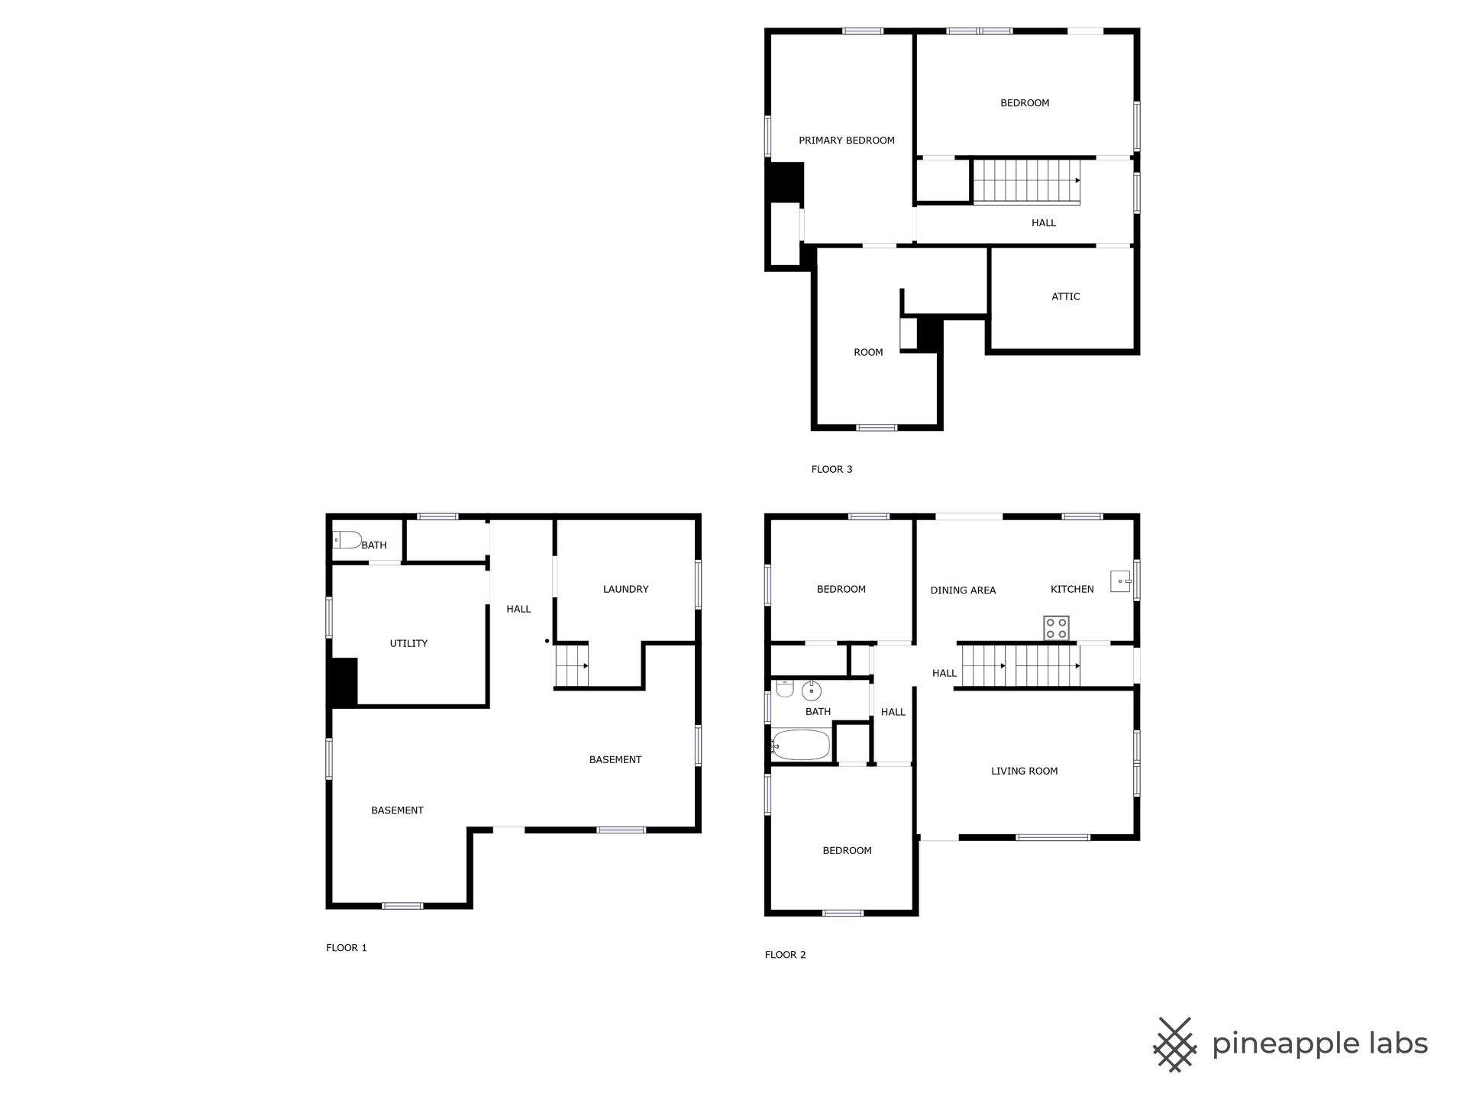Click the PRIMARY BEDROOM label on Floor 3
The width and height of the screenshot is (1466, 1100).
[x=846, y=141]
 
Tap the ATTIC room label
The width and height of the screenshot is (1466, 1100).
[x=1065, y=296]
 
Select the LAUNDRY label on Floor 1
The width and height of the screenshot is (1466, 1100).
[x=625, y=589]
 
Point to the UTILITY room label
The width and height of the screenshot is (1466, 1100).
[x=408, y=643]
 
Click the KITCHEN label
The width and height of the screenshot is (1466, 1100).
[x=1072, y=589]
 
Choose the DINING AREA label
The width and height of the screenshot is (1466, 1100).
[x=963, y=590]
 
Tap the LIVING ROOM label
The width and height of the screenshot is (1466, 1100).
[x=1024, y=771]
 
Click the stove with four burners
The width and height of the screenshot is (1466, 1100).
[x=1057, y=629]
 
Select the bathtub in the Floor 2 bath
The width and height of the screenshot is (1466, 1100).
[x=800, y=745]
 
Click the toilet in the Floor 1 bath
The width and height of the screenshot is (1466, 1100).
[x=347, y=540]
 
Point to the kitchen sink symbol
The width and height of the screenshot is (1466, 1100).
[x=1121, y=582]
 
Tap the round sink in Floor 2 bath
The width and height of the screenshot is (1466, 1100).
[x=811, y=691]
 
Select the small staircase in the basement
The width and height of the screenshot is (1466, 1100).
[x=572, y=666]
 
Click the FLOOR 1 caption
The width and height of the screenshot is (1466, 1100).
[x=347, y=948]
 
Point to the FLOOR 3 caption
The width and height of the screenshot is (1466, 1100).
[x=831, y=469]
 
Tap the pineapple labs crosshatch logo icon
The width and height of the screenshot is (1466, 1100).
[x=1174, y=1044]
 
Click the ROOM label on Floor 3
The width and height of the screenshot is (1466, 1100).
[x=868, y=352]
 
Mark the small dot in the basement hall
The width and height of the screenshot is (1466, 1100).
[x=547, y=641]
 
